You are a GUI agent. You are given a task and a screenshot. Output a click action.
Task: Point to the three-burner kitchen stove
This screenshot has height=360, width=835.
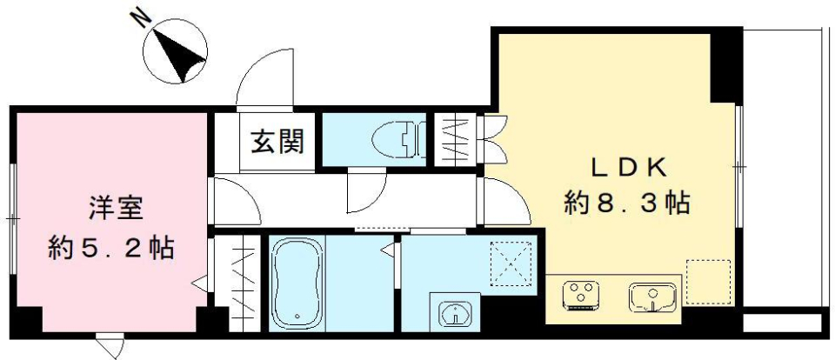(580, 294)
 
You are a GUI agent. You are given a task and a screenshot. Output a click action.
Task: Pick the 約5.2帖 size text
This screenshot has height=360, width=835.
(110, 250)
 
